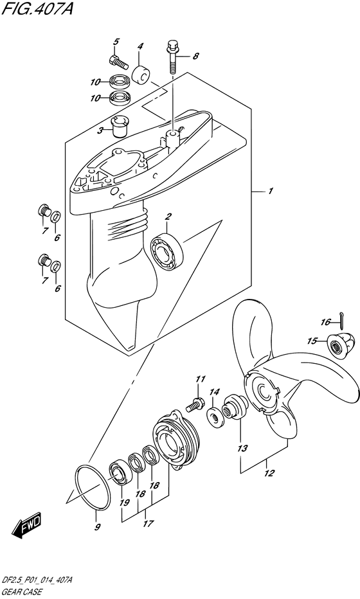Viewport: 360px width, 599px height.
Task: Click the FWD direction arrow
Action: point(26,527)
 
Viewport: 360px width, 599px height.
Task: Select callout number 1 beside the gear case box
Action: point(270,191)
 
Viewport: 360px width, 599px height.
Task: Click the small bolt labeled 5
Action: point(118,62)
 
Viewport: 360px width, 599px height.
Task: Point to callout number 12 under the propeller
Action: point(269,473)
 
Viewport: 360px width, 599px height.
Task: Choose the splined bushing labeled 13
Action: point(235,407)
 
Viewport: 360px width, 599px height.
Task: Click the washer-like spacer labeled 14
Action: point(215,415)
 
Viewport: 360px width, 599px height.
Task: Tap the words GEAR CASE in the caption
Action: point(21,593)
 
